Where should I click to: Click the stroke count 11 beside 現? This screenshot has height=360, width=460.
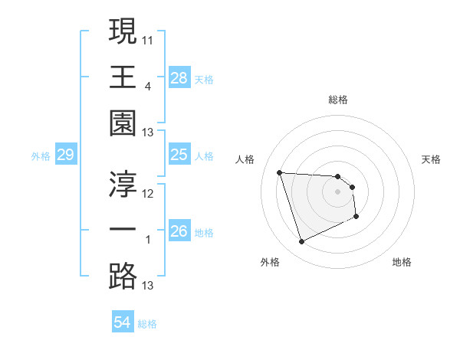[x=148, y=38]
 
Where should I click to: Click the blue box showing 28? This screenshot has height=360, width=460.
[x=179, y=78]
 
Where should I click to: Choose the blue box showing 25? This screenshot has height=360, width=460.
[x=179, y=155]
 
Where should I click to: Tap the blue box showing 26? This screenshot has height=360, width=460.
[x=179, y=231]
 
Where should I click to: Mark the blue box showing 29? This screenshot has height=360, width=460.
[x=65, y=155]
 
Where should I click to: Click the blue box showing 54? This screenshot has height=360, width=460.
[x=122, y=322]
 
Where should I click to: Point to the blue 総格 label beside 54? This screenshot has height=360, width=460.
[x=147, y=324]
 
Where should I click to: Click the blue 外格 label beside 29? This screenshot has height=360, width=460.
[x=41, y=156]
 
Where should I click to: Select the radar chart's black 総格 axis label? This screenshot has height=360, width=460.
[x=337, y=100]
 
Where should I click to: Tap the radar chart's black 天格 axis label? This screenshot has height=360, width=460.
[x=432, y=159]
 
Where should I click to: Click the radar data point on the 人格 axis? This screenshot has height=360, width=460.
[x=280, y=172]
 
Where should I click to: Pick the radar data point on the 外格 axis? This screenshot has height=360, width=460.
[x=301, y=242]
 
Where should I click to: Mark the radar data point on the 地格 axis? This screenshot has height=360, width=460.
[x=357, y=217]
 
